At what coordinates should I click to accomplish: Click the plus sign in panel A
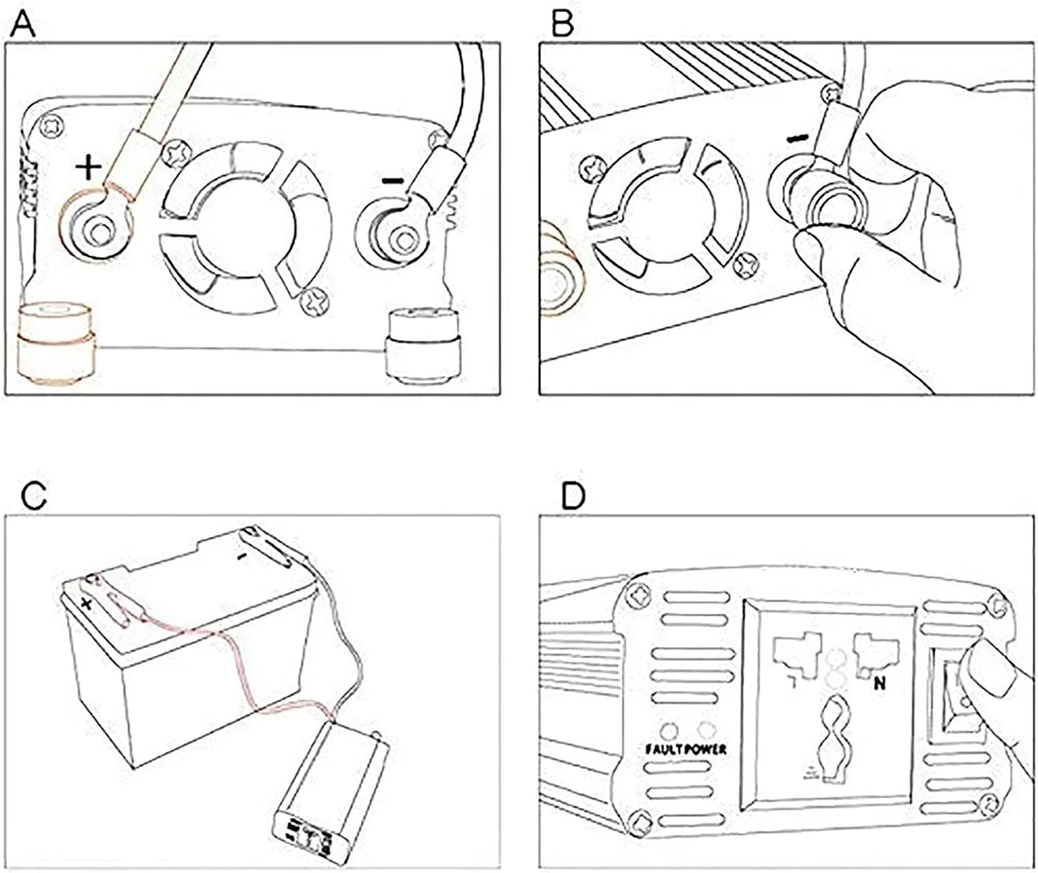tap(88, 167)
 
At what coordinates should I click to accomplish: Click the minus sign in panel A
tap(392, 181)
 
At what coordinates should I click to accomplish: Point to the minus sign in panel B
tap(797, 139)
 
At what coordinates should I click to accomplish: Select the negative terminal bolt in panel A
tap(399, 240)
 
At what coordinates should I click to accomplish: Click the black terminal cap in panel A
tap(423, 345)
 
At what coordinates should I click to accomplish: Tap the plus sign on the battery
tap(87, 604)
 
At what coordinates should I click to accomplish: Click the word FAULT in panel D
tap(664, 749)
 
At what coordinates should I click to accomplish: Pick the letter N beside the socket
tap(880, 683)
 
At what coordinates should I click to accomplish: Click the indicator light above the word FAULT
tap(670, 730)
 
